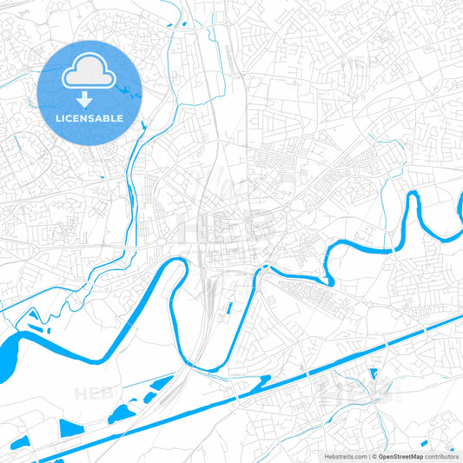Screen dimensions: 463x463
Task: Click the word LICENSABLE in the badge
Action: coord(90,118)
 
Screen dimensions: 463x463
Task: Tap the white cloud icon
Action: coord(90,74)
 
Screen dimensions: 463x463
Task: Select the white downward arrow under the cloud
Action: coord(90,99)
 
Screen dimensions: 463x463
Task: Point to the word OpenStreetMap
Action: coord(400,455)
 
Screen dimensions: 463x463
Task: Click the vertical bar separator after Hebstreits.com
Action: coord(368,455)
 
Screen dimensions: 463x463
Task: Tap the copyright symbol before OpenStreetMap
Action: coord(374,455)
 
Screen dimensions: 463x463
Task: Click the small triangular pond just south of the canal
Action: coord(374,374)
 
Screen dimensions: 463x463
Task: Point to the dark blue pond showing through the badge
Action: coord(130,90)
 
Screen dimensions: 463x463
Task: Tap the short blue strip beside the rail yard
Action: coord(229,307)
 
